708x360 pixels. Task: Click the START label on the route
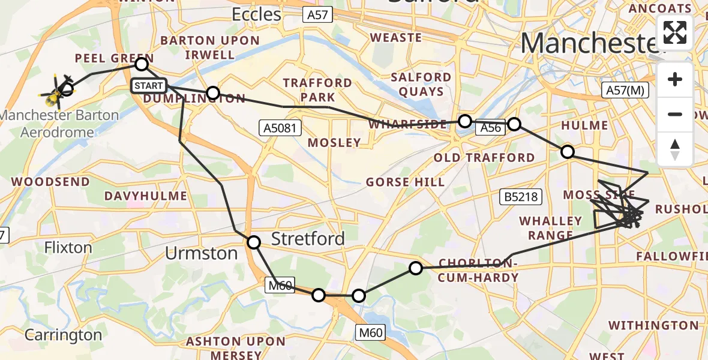point(148,86)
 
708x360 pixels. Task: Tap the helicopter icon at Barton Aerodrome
point(57,92)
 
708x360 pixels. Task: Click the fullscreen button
point(675,32)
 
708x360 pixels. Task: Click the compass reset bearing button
point(675,149)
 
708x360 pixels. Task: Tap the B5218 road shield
point(521,196)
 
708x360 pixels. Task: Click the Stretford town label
point(308,238)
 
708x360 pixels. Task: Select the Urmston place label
point(202,253)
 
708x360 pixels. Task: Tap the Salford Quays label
point(421,85)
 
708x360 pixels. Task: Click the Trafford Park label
point(317,89)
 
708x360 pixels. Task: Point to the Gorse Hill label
point(406,182)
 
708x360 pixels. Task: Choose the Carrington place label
point(63,335)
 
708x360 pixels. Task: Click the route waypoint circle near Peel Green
point(142,64)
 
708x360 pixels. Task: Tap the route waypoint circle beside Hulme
point(567,151)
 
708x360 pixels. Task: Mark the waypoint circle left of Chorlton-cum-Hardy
point(416,268)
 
